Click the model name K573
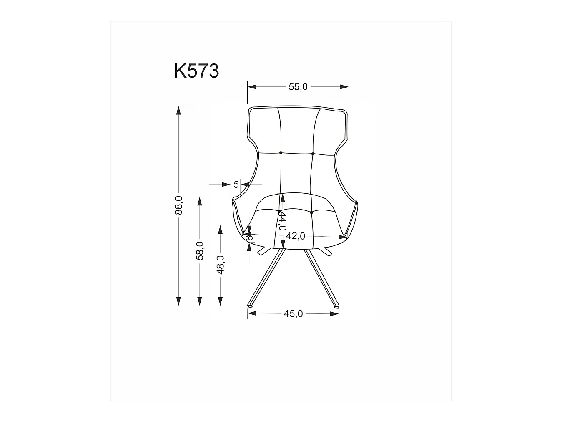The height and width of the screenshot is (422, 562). click(196, 71)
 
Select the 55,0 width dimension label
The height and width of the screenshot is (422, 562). click(298, 87)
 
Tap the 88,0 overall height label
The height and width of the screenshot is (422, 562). click(178, 205)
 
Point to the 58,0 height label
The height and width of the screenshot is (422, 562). click(200, 250)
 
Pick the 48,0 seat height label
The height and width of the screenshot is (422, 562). click(220, 265)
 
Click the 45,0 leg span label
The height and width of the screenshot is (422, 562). click(293, 314)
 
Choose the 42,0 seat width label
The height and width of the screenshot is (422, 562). click(296, 236)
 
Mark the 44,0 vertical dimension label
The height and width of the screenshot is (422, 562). click(282, 221)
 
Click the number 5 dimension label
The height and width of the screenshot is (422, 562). click(236, 184)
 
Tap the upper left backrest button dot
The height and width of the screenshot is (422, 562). click(281, 153)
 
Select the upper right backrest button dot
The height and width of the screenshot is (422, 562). click(313, 154)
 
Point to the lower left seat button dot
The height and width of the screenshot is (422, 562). click(279, 212)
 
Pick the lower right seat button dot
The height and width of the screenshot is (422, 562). click(311, 212)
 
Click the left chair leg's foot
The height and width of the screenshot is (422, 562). click(250, 307)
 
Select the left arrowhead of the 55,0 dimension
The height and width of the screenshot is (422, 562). click(251, 87)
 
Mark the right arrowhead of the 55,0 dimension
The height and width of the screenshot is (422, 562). click(345, 87)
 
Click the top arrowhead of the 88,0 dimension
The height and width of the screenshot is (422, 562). click(178, 110)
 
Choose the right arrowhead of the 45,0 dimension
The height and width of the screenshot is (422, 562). click(335, 313)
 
